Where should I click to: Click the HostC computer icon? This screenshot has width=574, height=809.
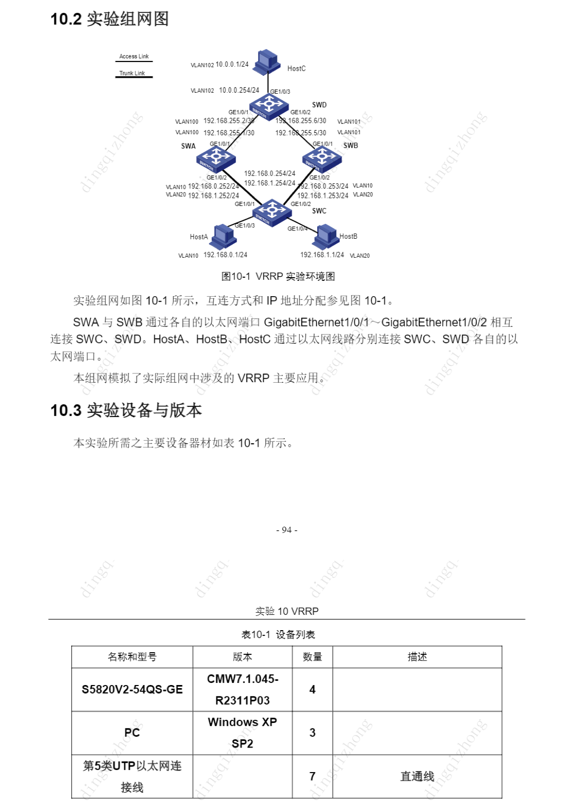click(x=268, y=61)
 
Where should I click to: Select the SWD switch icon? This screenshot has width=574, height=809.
click(x=269, y=106)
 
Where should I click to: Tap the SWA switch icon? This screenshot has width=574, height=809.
click(x=216, y=159)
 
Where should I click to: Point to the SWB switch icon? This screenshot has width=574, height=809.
click(x=322, y=158)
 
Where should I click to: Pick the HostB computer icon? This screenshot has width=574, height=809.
click(x=326, y=236)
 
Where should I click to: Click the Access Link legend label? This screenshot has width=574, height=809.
click(x=134, y=56)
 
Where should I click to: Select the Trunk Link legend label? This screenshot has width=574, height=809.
click(x=132, y=73)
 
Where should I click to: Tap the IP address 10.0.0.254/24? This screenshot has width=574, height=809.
click(x=239, y=90)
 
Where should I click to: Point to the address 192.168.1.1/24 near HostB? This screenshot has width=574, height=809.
click(x=322, y=255)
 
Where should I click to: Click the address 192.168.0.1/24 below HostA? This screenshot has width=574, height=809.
click(x=225, y=255)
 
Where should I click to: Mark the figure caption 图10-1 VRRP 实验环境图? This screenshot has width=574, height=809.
click(x=278, y=277)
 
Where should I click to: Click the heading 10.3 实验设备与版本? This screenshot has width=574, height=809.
click(x=126, y=410)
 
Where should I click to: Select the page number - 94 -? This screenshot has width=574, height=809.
click(x=286, y=530)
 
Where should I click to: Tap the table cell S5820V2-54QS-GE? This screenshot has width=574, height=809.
click(x=132, y=690)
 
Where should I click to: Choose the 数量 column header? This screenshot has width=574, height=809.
click(x=312, y=657)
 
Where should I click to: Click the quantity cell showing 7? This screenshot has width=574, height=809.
click(x=312, y=776)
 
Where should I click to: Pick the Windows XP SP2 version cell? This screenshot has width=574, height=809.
click(x=242, y=733)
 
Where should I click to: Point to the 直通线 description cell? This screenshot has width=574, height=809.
click(x=417, y=776)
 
